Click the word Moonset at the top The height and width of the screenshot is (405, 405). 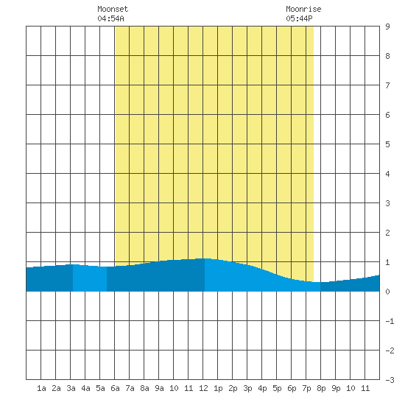click(113, 9)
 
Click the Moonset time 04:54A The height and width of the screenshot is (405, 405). click(110, 18)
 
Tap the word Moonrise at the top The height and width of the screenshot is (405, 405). click(303, 9)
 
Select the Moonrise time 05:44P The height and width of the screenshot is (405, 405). click(299, 18)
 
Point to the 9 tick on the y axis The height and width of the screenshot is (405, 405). click(387, 27)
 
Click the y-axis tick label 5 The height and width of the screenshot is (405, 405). click(387, 144)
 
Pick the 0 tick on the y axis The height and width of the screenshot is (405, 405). click(387, 292)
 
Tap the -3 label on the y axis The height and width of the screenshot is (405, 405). click(390, 380)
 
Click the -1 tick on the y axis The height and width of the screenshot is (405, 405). click(390, 321)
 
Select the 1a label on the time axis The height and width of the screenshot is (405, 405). click(41, 388)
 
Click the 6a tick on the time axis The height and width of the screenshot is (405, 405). click(115, 388)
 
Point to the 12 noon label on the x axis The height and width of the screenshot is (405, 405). click(203, 388)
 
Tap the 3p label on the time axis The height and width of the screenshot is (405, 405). click(247, 388)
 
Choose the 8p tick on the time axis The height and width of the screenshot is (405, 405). click(321, 388)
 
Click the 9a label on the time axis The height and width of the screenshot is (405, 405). click(159, 388)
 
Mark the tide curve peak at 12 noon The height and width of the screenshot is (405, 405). click(205, 258)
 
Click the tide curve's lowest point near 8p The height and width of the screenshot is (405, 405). click(320, 282)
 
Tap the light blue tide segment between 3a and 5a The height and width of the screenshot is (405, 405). click(90, 278)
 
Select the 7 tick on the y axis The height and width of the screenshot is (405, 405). click(387, 85)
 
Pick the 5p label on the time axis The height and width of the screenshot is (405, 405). click(277, 388)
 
